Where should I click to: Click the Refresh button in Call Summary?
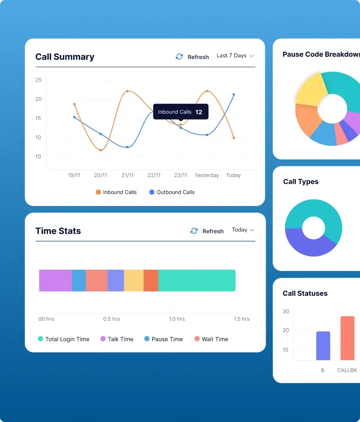192,57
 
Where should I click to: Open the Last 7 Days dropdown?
235,55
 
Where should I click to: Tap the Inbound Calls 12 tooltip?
180,112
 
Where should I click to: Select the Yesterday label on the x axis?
206,175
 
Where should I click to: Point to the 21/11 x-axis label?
127,175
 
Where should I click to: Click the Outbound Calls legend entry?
172,192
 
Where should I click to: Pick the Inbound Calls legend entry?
116,192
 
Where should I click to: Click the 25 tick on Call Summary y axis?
38,80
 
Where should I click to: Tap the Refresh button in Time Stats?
207,231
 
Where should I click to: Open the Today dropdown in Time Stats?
243,230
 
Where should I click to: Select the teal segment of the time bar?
197,281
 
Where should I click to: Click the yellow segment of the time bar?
134,281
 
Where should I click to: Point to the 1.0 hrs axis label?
177,319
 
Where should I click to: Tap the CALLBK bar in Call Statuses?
347,338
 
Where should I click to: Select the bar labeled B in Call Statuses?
323,345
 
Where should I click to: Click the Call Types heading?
301,182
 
